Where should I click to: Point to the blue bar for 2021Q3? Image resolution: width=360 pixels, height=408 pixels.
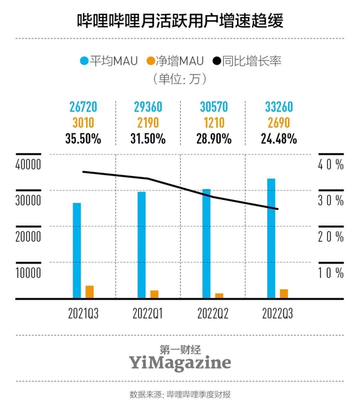tap(77, 250)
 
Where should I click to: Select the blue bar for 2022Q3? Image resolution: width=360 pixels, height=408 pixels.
tap(271, 238)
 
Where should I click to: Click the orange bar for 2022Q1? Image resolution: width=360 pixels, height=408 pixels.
tap(154, 294)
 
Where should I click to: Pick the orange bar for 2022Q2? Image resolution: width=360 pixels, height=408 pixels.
tap(219, 296)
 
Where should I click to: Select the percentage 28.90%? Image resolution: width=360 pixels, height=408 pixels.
tap(211, 139)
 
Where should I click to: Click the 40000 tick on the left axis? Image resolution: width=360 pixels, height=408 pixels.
tap(29, 164)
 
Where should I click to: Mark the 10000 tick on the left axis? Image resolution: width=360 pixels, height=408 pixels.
tap(29, 273)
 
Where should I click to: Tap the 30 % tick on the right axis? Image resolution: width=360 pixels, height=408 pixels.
tap(331, 201)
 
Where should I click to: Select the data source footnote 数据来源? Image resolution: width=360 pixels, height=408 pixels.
tap(179, 394)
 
